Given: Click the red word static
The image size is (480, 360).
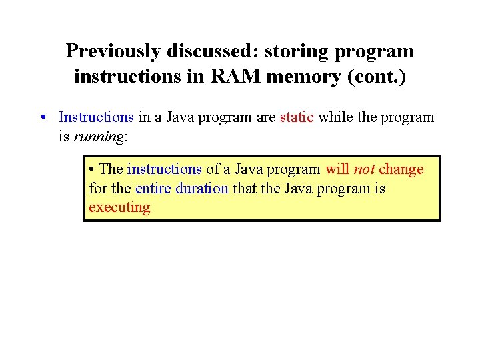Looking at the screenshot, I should click(297, 117).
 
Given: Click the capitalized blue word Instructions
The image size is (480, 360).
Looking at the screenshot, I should click(96, 117).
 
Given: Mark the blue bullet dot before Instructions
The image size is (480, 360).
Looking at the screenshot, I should click(42, 118).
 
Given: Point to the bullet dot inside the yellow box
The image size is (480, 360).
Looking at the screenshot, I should click(92, 169).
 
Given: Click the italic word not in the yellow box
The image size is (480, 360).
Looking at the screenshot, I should click(363, 169).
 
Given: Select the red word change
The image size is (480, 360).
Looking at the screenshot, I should click(401, 169).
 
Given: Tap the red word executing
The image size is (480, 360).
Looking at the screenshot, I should click(119, 207).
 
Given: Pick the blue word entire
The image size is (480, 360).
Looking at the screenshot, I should click(153, 188).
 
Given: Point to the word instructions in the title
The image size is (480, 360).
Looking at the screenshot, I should click(123, 77).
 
